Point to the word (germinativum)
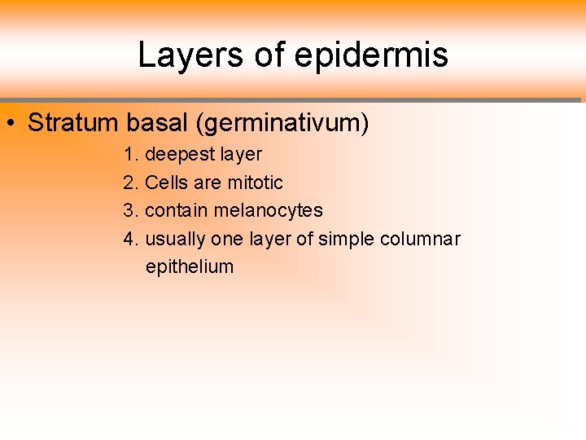[282, 124]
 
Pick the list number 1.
[129, 154]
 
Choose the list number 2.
[129, 183]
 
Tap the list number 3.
[129, 210]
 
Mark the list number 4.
[129, 239]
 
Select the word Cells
[165, 183]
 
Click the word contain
[177, 210]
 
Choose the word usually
[175, 240]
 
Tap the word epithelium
[190, 267]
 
